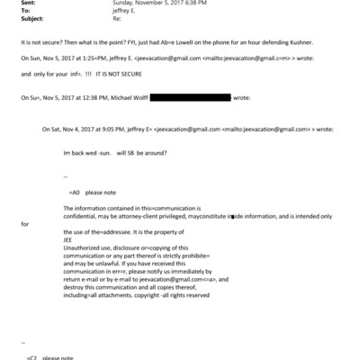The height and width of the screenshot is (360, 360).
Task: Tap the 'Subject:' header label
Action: tap(31, 24)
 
